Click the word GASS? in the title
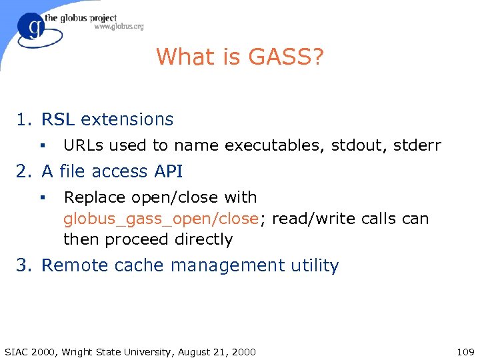pyautogui.click(x=287, y=57)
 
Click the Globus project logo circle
pyautogui.click(x=33, y=30)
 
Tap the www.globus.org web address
pyautogui.click(x=119, y=27)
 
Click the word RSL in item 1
pyautogui.click(x=58, y=119)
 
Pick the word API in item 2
pyautogui.click(x=169, y=171)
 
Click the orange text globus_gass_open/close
pyautogui.click(x=160, y=219)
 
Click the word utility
pyautogui.click(x=315, y=265)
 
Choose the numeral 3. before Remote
pyautogui.click(x=25, y=265)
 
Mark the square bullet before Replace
pyautogui.click(x=41, y=198)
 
